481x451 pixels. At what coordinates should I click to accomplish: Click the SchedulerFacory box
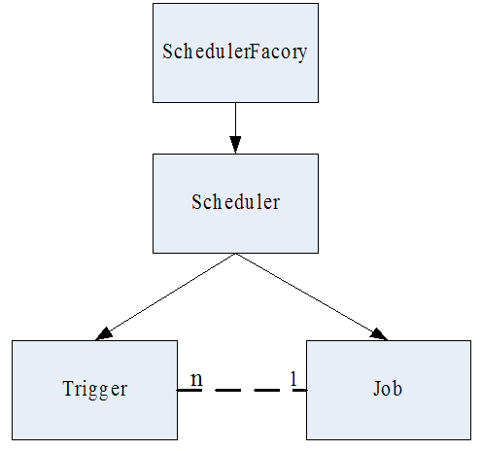coord(235,52)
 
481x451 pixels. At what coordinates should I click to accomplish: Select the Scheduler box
coord(235,203)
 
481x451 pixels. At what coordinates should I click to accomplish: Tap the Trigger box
coord(94,390)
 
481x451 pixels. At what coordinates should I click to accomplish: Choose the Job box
coord(389,390)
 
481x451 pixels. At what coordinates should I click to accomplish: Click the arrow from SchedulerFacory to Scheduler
coord(235,121)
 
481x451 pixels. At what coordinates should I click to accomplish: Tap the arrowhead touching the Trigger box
coord(105,333)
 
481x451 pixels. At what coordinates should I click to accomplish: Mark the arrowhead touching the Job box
coord(378,333)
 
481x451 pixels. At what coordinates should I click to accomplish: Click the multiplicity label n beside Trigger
coord(195,377)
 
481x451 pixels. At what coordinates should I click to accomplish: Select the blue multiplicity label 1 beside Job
coord(292,378)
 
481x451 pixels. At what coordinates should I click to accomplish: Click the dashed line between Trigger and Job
coord(242,390)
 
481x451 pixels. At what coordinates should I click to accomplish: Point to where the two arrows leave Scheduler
coord(235,255)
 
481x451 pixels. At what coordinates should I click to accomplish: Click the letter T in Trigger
coord(67,390)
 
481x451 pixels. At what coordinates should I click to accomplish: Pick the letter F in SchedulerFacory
coord(256,52)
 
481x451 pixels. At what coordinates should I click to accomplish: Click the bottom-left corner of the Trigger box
coord(13,440)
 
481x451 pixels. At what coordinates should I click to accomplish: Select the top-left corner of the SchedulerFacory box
coord(154,4)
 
